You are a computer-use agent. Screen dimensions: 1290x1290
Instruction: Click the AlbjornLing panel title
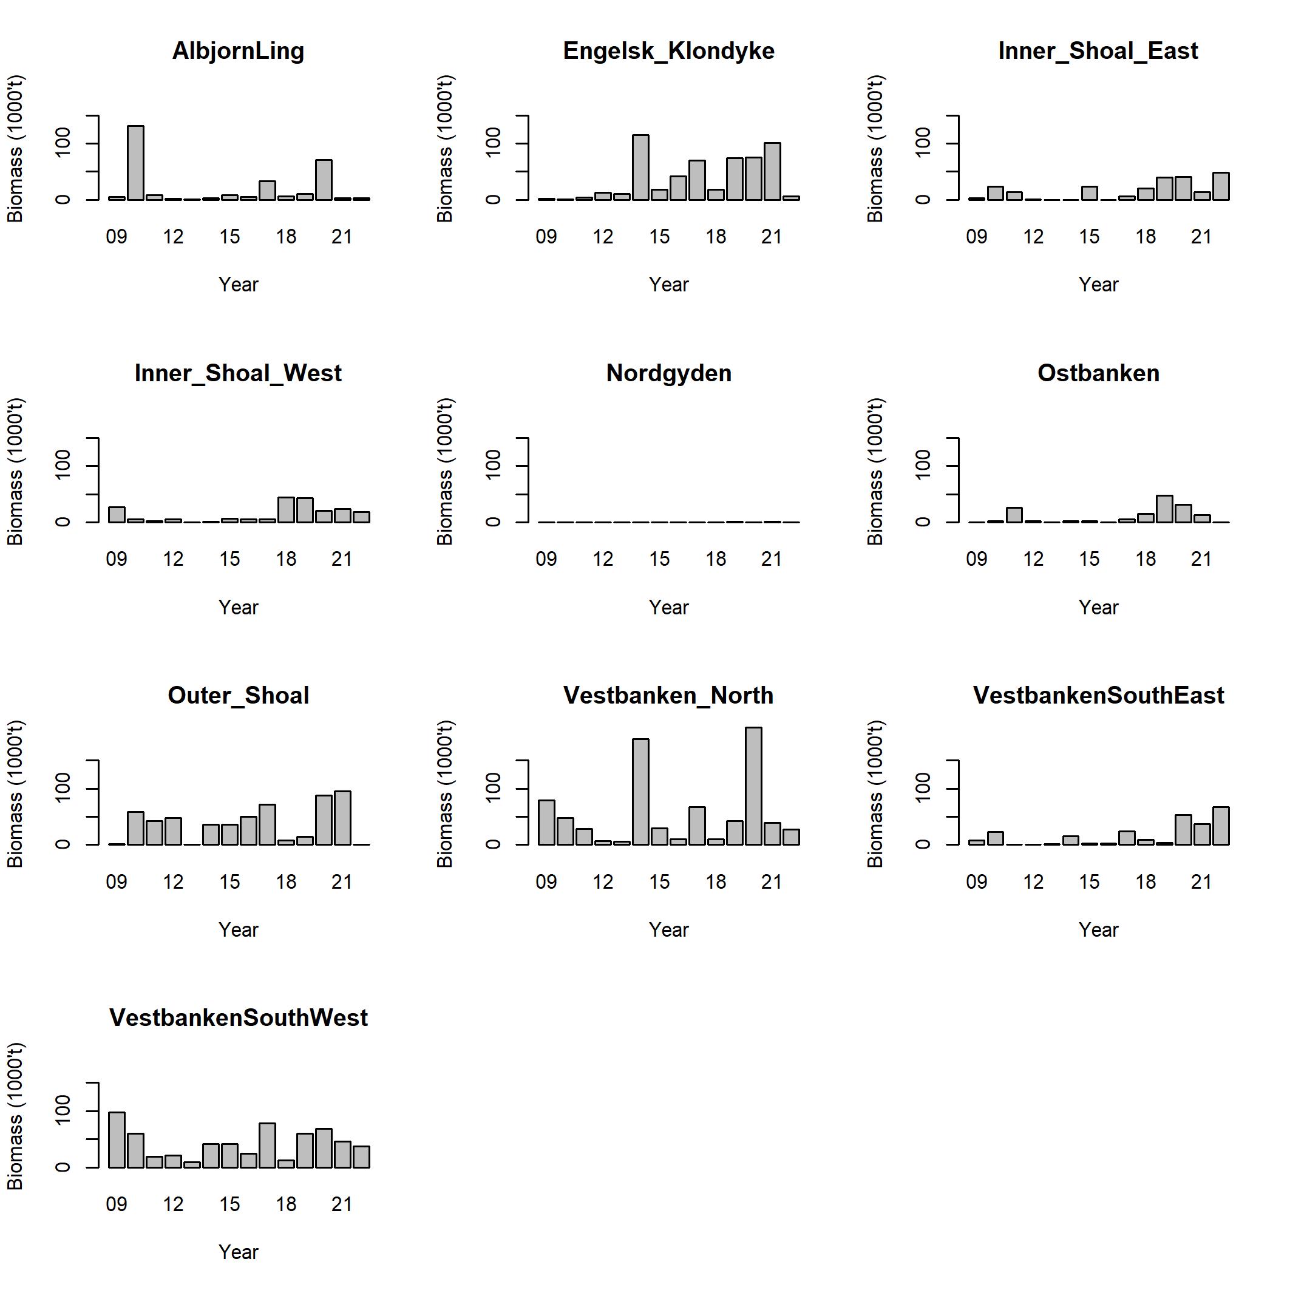(x=238, y=51)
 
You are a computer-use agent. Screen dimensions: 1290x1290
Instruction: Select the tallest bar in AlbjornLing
(x=135, y=163)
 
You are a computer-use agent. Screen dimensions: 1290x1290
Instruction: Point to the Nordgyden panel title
(x=668, y=373)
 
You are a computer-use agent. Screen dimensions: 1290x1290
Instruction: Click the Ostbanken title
(x=1098, y=373)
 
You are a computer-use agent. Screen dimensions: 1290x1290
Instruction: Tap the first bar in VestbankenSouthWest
(x=117, y=1140)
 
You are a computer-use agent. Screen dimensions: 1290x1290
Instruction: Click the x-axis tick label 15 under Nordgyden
(x=659, y=559)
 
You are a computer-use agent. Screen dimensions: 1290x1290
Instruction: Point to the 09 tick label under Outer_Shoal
(x=116, y=882)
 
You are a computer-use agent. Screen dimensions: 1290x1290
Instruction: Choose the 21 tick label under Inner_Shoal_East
(x=1201, y=237)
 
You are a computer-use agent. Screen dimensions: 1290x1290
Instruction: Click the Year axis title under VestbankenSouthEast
(x=1098, y=929)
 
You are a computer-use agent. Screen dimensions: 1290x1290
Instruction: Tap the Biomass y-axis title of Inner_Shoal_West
(x=15, y=472)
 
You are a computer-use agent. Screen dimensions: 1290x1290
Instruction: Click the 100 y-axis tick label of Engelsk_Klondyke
(x=493, y=143)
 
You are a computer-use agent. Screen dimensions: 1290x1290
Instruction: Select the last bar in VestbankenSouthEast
(x=1221, y=826)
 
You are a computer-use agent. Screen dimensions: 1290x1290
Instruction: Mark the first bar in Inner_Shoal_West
(x=117, y=514)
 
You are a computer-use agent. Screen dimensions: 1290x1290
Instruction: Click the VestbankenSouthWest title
(x=239, y=1017)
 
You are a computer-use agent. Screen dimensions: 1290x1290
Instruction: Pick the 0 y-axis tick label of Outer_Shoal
(x=63, y=844)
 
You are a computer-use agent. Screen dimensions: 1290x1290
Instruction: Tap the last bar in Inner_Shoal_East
(x=1221, y=186)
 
